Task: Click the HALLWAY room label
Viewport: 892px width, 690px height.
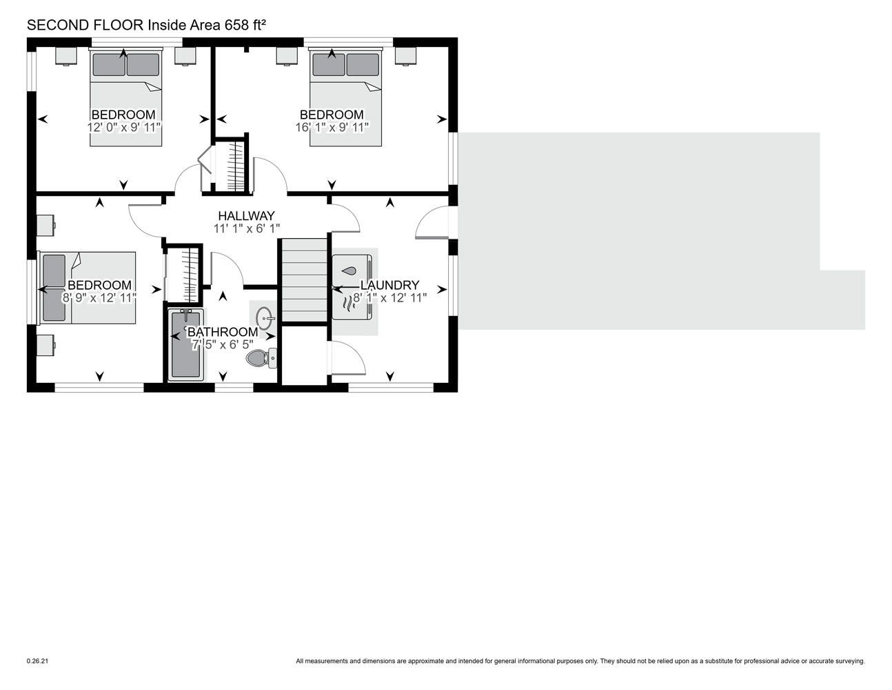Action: [246, 215]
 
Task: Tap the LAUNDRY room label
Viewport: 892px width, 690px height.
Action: [389, 285]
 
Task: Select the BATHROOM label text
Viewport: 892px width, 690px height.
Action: [223, 332]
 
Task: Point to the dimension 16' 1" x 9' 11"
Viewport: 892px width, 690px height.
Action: [332, 128]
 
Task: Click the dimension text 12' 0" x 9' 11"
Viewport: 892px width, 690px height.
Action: [123, 128]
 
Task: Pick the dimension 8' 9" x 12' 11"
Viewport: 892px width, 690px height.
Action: [99, 298]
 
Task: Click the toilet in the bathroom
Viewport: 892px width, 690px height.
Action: [261, 357]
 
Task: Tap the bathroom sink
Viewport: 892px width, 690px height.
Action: [264, 318]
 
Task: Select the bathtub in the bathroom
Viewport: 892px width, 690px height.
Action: [186, 344]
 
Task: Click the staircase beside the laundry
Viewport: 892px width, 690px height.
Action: [304, 280]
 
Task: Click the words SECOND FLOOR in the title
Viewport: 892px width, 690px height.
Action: [85, 25]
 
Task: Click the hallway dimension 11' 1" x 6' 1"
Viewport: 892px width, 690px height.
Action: [247, 228]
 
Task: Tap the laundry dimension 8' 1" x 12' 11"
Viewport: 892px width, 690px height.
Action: [390, 298]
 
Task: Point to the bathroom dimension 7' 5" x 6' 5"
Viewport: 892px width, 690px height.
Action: [223, 344]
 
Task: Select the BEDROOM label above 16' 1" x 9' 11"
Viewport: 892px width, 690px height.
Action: [332, 115]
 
